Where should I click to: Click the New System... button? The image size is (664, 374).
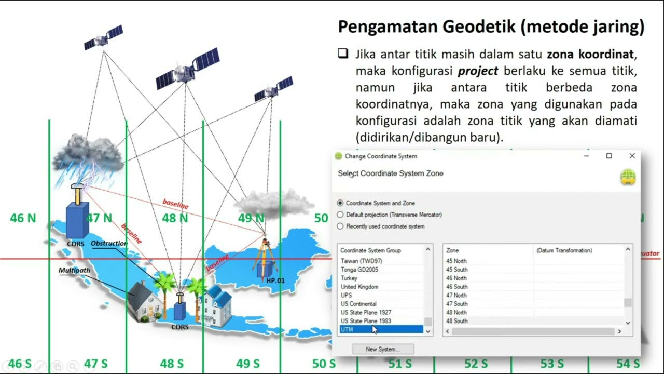coord(383,349)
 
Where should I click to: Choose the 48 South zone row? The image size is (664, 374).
coord(457,321)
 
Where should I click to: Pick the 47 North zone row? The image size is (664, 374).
coord(457,295)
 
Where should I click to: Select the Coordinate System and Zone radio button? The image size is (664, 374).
coord(340,203)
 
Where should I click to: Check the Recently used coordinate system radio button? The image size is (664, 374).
coord(340,226)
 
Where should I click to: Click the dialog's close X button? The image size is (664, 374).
coord(632,156)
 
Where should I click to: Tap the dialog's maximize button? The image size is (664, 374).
coord(609,156)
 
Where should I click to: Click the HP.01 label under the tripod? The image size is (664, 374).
coord(275,280)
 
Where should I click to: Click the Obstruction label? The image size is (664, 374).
coord(108,243)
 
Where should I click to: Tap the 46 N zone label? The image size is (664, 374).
coord(23,218)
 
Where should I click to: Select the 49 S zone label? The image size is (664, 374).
coord(247,364)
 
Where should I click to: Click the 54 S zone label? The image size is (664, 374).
coord(628,364)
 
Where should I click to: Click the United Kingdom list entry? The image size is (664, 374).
coord(359,287)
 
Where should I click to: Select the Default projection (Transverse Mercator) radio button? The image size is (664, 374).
coord(340,215)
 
